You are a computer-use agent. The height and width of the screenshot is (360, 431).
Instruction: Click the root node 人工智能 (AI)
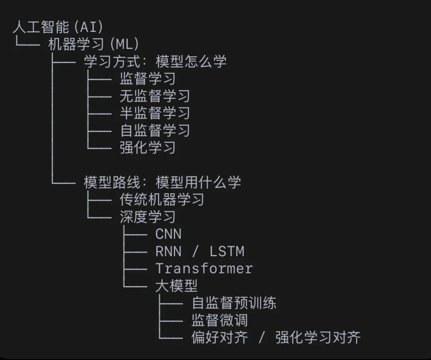[58, 27]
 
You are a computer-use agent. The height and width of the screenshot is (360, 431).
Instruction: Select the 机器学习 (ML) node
[93, 44]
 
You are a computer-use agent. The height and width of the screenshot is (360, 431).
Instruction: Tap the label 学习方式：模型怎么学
[155, 61]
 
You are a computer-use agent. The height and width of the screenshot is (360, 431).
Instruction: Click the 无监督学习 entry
[154, 96]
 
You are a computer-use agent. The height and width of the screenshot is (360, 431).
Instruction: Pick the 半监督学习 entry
[154, 113]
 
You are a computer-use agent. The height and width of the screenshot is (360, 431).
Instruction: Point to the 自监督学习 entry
[154, 131]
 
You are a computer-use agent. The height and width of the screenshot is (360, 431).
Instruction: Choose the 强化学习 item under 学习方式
[147, 148]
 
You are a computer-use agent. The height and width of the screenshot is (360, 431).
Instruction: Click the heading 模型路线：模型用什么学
[162, 182]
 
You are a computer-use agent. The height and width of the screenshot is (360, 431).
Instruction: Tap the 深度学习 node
[147, 217]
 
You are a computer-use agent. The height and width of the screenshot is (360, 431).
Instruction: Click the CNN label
[168, 234]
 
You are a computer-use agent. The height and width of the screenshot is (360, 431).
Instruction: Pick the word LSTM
[227, 251]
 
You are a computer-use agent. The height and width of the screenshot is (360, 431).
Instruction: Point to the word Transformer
[204, 269]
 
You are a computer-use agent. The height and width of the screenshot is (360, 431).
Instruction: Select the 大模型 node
[176, 286]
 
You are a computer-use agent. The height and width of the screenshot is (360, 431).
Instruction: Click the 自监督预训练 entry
[234, 303]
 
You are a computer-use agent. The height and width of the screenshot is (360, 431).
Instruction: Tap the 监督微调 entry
[219, 320]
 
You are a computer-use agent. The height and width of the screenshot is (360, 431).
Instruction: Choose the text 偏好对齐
[219, 338]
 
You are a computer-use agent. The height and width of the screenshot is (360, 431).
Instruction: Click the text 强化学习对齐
[318, 338]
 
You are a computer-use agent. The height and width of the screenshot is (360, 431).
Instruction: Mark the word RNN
[168, 251]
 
